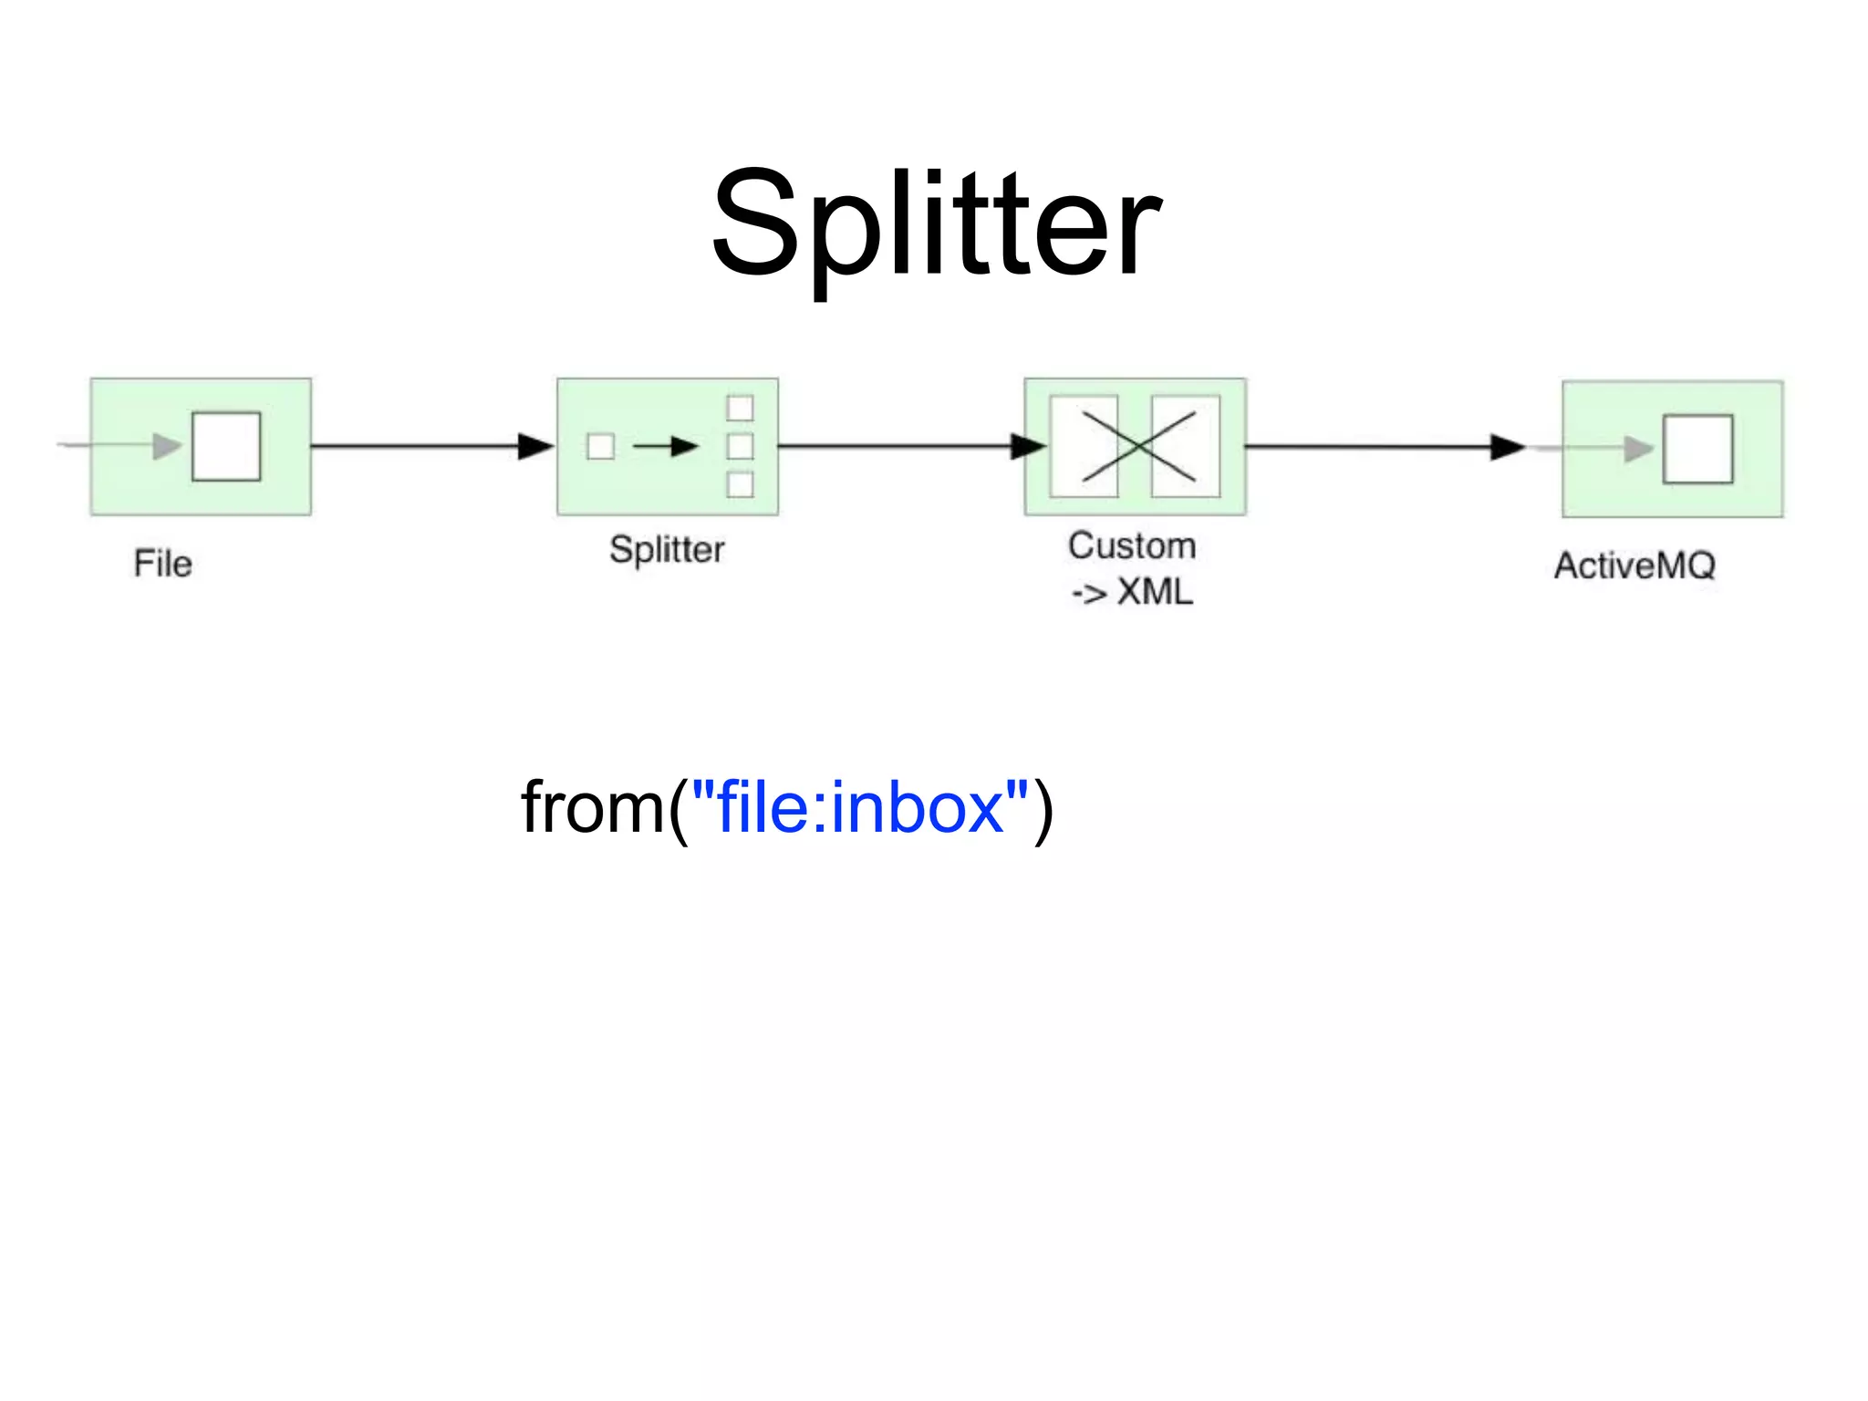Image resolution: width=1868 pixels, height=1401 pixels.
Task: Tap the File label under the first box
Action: [162, 564]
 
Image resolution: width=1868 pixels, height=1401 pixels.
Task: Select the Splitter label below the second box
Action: [667, 550]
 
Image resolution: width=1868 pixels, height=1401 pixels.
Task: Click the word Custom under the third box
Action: [1132, 545]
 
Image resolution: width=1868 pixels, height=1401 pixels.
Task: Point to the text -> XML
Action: [1132, 593]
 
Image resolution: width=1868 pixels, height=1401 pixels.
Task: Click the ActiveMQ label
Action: [1634, 566]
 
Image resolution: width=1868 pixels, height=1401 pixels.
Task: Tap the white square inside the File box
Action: [226, 446]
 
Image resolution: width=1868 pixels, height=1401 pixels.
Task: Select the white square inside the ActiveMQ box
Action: [1697, 449]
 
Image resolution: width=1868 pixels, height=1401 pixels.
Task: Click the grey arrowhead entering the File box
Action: [167, 446]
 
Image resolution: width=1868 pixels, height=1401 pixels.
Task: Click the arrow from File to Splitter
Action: [429, 446]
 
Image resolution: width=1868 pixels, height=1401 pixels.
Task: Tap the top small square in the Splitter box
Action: [740, 408]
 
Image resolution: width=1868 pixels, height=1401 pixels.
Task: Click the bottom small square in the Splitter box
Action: [740, 484]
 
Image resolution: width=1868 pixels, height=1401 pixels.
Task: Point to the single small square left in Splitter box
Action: [600, 446]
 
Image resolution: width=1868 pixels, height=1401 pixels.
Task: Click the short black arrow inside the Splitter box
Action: [665, 446]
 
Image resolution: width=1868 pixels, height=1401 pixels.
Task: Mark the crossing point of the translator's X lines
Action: [1137, 446]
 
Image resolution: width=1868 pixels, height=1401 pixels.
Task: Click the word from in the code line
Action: [592, 808]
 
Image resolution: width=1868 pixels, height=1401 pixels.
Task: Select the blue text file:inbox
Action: [860, 808]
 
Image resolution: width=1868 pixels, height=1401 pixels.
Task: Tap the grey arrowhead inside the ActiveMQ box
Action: [1638, 449]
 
